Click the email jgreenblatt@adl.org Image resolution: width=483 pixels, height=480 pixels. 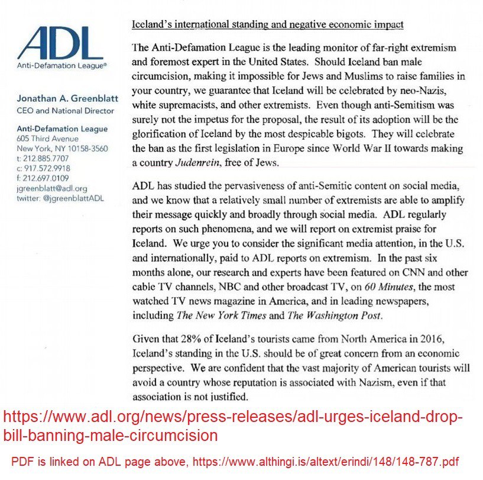click(52, 188)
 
